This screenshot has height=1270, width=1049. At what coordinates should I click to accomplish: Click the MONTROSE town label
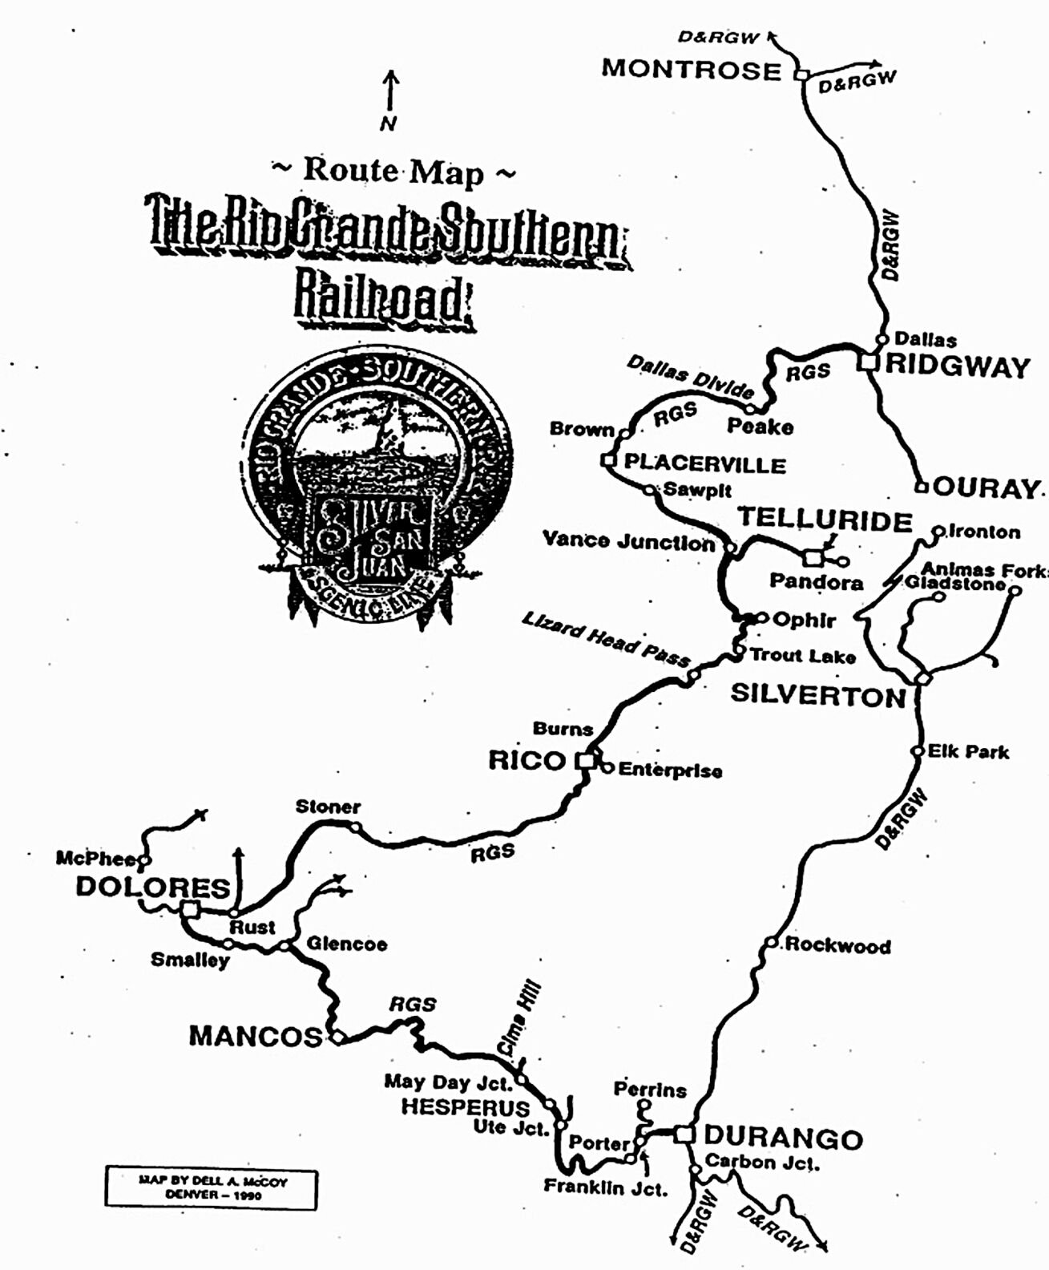click(x=691, y=69)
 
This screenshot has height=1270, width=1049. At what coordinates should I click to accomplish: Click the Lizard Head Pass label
click(x=605, y=638)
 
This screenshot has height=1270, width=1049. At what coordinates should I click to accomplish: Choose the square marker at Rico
click(x=587, y=759)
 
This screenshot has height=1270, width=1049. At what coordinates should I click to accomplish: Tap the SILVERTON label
click(x=817, y=694)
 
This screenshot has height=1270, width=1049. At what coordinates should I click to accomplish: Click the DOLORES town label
click(x=153, y=888)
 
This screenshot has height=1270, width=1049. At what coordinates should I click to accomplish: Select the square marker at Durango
click(x=684, y=1135)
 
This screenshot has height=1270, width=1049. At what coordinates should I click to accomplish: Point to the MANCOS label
click(x=256, y=1036)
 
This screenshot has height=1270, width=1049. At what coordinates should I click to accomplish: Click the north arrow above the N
click(x=390, y=90)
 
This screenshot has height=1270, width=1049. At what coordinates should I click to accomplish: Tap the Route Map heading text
click(x=393, y=171)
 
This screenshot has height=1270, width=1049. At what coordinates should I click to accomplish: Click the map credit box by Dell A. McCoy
click(x=212, y=1187)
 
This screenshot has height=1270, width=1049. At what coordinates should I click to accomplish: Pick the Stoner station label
click(x=328, y=807)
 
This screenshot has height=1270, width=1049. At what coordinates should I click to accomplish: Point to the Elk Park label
click(x=968, y=752)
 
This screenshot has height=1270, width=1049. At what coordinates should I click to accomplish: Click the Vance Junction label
click(x=628, y=540)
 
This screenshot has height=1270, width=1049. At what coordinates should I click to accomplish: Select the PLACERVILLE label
click(x=704, y=464)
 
